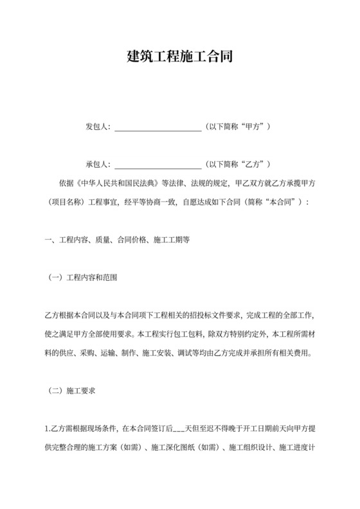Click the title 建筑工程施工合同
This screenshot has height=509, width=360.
[179, 57]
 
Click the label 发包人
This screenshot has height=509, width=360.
[98, 127]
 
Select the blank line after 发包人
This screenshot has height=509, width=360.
[157, 128]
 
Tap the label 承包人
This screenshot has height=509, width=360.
[98, 164]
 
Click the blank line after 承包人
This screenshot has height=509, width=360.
[157, 165]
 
